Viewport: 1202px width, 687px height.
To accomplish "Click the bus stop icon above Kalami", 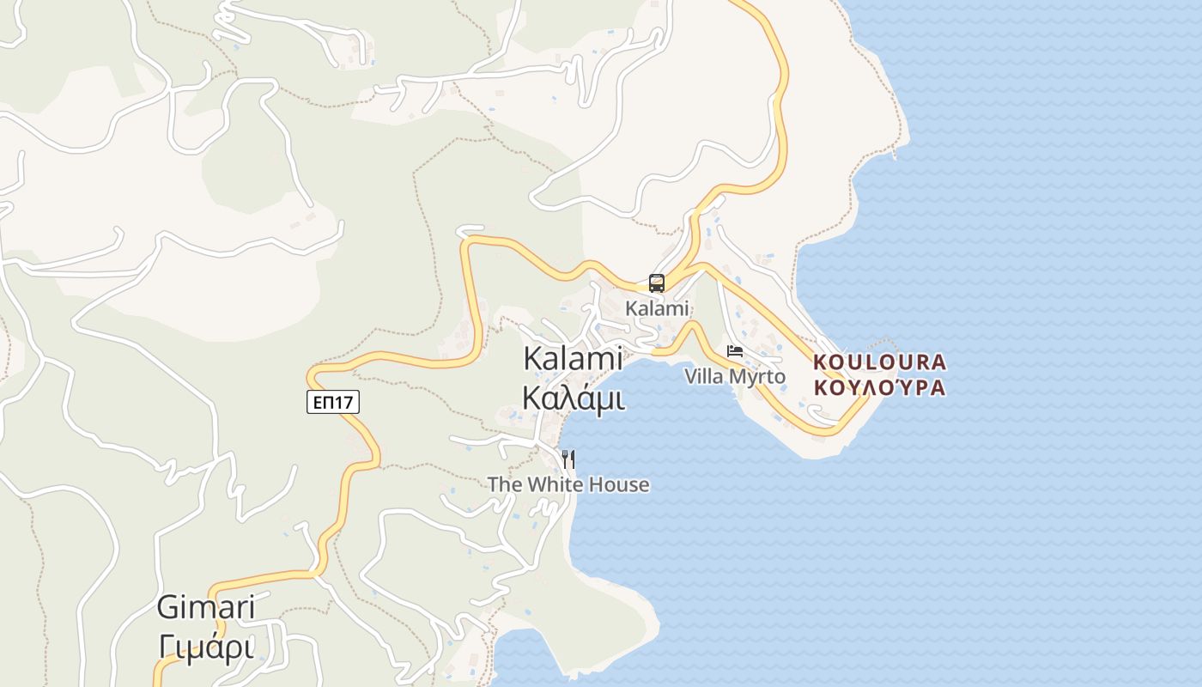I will coord(657,283).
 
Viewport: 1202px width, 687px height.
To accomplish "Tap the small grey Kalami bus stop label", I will coord(657,308).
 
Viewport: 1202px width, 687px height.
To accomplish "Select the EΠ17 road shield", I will coord(332,401).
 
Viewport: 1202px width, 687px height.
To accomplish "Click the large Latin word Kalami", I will coord(573,360).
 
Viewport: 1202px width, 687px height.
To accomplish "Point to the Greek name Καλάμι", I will coord(573,398).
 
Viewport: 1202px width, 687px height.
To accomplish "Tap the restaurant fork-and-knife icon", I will coord(568,459).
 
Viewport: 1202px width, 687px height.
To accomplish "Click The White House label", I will coord(568,484).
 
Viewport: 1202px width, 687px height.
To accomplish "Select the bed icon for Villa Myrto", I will coord(735,351).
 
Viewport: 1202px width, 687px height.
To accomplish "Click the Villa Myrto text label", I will coord(735,376).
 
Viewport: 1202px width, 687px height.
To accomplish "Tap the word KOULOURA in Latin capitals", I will coord(879,362).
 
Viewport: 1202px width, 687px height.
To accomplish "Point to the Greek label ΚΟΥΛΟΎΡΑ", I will coord(879,387).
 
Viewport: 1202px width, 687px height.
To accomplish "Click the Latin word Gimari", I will coord(206,608).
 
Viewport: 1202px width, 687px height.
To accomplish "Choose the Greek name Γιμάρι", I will coord(206,645).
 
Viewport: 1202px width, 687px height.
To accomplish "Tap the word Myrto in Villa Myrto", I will coord(758,376).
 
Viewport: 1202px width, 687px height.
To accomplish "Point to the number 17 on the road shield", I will coord(345,401).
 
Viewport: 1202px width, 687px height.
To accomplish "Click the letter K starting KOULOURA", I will coord(819,362).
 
